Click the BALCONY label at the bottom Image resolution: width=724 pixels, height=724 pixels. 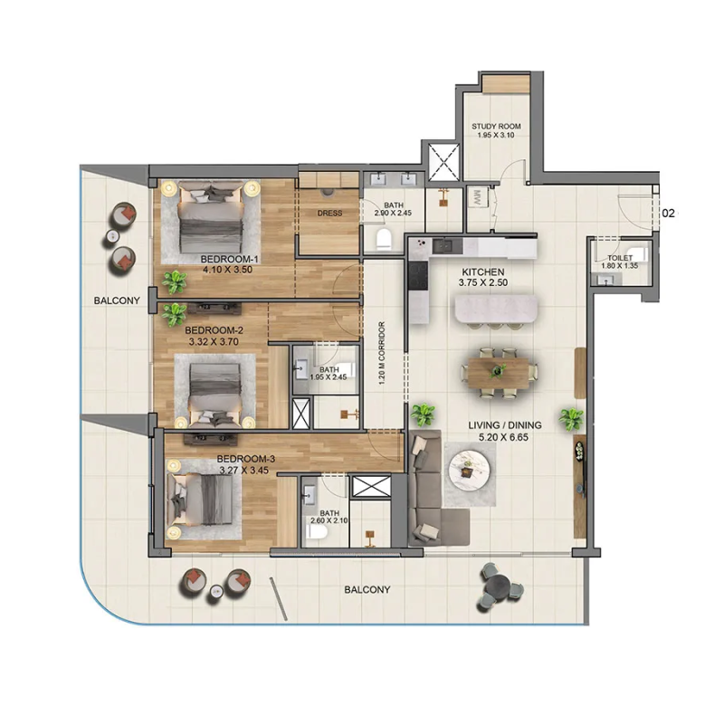[x=367, y=589]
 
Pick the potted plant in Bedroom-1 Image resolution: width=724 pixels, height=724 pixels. [x=175, y=281]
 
